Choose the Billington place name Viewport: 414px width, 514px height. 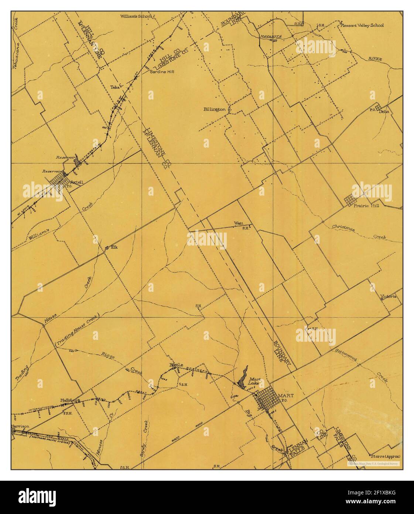point(215,109)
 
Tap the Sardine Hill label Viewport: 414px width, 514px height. point(161,72)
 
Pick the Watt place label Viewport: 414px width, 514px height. point(238,223)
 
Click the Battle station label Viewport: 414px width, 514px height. point(176,365)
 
